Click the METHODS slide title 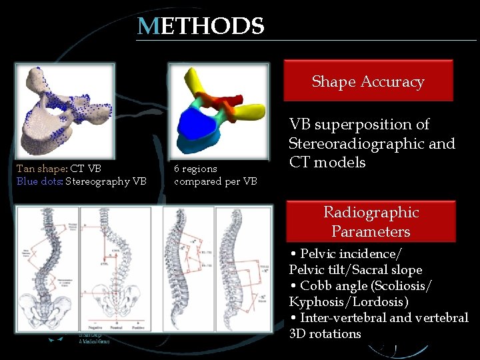[201, 27]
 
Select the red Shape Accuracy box [368, 81]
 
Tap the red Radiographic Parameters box [371, 221]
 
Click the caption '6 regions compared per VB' [215, 175]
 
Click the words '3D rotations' [325, 333]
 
